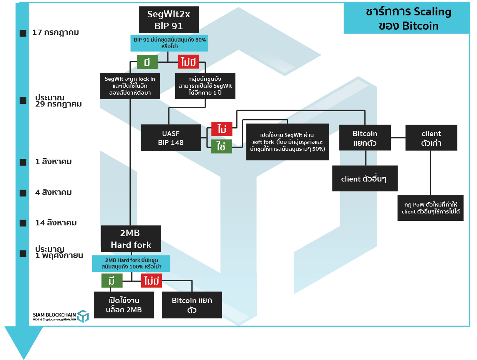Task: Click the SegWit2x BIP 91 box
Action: tap(168, 20)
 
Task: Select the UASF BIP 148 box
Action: tap(171, 138)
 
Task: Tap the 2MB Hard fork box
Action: tap(131, 239)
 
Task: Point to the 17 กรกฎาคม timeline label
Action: tap(55, 33)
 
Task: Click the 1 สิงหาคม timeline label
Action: tap(53, 162)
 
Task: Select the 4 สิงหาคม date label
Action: tap(53, 192)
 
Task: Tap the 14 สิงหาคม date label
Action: tap(56, 223)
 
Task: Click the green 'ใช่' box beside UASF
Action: tap(221, 147)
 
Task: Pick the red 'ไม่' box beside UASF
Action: tap(222, 129)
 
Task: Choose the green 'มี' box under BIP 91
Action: tap(147, 62)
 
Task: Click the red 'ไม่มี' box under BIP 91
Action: tap(188, 62)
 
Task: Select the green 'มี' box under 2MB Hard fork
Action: tap(112, 281)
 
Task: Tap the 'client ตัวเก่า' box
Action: tap(431, 138)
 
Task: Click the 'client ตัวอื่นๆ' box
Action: tap(364, 179)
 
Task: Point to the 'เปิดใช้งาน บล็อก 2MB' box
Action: tap(124, 305)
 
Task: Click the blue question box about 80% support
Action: tap(169, 43)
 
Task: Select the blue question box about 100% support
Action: tap(131, 263)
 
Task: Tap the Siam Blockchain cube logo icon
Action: tap(83, 316)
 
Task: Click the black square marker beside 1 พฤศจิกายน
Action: tap(23, 254)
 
